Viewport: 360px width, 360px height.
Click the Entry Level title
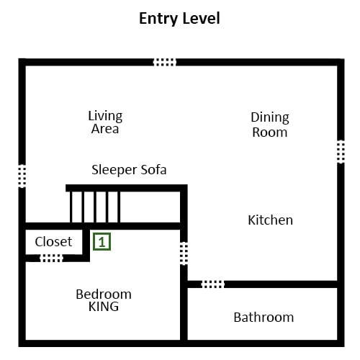(179, 19)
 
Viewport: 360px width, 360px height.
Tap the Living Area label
(105, 122)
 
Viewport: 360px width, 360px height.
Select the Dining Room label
(270, 125)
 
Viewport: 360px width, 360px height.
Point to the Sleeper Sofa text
(129, 170)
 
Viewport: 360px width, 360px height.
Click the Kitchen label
(271, 220)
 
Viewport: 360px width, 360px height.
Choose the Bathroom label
(264, 318)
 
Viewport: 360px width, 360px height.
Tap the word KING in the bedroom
(104, 307)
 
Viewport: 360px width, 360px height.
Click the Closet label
(53, 241)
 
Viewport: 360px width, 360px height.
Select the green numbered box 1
(102, 242)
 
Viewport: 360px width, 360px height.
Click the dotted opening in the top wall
(165, 62)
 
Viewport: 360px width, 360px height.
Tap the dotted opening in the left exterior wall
(22, 176)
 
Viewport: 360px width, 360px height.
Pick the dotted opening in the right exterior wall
(341, 152)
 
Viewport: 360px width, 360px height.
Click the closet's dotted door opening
(51, 258)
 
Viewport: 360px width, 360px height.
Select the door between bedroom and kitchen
(184, 253)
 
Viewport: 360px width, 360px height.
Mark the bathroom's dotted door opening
(212, 284)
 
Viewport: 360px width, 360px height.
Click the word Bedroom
(104, 294)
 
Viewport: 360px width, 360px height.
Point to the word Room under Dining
(270, 132)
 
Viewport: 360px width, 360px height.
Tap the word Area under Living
(105, 129)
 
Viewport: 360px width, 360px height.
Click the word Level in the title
(199, 18)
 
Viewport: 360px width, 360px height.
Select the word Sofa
(153, 170)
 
